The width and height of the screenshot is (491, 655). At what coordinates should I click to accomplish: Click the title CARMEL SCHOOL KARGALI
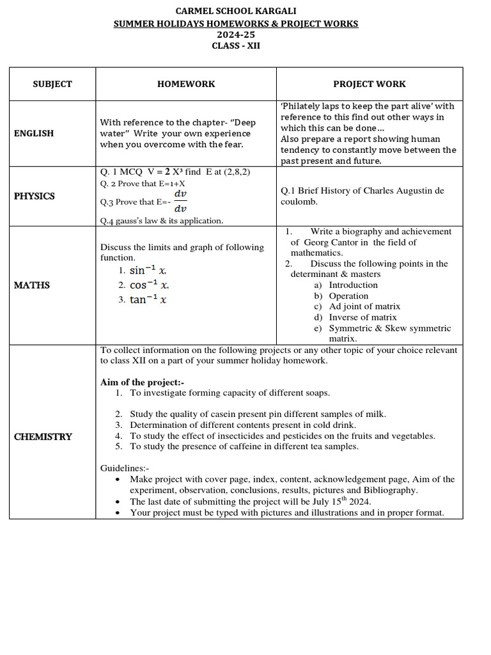pos(236,11)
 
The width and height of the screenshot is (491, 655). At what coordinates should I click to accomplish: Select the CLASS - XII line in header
pos(236,45)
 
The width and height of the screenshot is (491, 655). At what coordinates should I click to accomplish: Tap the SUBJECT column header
pos(52,84)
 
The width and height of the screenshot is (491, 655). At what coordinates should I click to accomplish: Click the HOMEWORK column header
pos(186,84)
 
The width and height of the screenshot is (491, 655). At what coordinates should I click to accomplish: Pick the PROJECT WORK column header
pos(369,84)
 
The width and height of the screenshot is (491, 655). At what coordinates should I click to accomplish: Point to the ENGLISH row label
pos(34,133)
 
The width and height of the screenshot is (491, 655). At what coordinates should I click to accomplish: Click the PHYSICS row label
pos(35,196)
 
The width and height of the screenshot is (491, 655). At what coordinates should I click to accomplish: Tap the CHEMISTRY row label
pos(43,436)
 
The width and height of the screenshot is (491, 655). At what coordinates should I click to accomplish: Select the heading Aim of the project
pos(142,383)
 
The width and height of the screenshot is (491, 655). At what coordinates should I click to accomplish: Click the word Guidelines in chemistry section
pos(124,468)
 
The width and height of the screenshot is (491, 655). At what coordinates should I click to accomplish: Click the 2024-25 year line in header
pos(236,35)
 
